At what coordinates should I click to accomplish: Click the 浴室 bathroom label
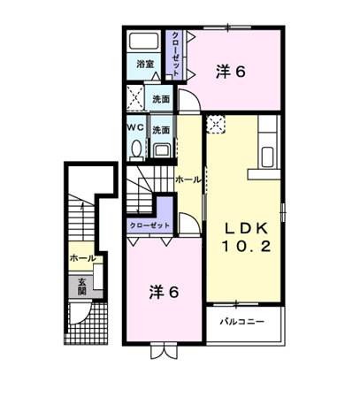tap(145, 64)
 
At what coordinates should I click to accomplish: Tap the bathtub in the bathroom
tap(144, 41)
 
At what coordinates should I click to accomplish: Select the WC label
tap(135, 127)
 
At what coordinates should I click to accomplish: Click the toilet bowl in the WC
tap(136, 149)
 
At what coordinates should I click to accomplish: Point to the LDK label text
tap(247, 228)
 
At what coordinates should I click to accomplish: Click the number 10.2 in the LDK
tap(247, 246)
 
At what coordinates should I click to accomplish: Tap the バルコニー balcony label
tap(242, 321)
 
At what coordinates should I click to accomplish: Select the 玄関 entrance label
tap(81, 286)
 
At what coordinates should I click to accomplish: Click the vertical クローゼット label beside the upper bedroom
tap(175, 55)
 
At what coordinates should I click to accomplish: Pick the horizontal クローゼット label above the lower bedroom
tap(149, 225)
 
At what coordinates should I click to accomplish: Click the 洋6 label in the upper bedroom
tap(231, 72)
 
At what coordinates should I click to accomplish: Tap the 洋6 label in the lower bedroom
tap(164, 292)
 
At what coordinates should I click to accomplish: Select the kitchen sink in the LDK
tap(267, 157)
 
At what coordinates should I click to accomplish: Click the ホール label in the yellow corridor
tap(188, 179)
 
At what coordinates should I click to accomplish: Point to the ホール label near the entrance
tap(83, 258)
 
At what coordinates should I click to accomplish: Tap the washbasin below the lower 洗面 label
tap(161, 150)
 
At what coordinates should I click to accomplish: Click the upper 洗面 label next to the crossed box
tap(161, 99)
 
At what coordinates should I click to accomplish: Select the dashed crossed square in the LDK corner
tap(216, 125)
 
